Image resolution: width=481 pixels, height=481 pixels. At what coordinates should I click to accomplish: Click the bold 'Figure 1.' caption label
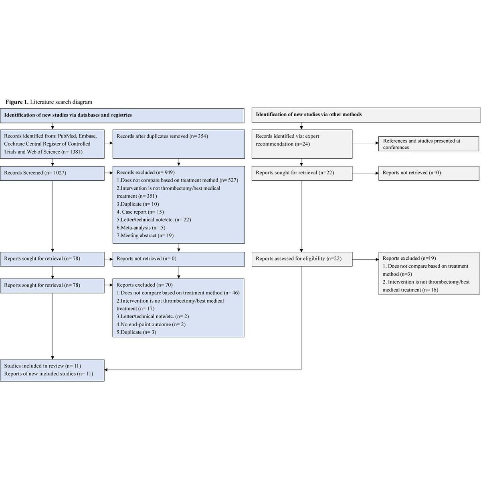click(x=17, y=102)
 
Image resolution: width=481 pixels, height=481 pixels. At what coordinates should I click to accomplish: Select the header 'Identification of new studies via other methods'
click(x=309, y=114)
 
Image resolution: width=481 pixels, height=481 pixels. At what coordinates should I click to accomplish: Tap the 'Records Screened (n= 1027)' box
click(x=52, y=173)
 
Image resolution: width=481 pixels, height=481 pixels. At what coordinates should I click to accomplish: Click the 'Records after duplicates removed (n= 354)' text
click(x=162, y=136)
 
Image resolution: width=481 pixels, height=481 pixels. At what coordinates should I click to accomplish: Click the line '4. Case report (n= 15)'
click(x=140, y=212)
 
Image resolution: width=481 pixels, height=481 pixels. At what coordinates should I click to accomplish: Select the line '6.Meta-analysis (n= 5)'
click(x=141, y=228)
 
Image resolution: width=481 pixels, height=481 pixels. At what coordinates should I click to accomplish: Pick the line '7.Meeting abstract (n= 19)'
click(x=145, y=235)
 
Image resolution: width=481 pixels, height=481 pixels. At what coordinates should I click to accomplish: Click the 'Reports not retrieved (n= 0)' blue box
click(x=179, y=259)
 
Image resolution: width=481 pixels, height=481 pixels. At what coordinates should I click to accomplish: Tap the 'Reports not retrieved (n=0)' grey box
click(x=429, y=173)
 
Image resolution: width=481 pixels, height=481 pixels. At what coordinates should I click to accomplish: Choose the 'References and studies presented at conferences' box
click(x=429, y=144)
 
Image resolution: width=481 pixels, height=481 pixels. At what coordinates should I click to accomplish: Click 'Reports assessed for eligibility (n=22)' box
click(x=302, y=259)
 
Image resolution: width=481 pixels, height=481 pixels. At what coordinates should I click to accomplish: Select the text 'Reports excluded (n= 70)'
click(x=145, y=285)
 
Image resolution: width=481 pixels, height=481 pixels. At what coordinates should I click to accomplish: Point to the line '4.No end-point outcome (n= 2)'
click(x=151, y=324)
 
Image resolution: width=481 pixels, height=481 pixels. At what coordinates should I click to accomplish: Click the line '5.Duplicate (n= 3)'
click(x=136, y=332)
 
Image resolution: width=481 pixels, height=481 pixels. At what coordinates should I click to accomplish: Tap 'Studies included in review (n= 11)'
click(x=42, y=366)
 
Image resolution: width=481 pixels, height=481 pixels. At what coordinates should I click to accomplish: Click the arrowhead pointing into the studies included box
click(x=106, y=370)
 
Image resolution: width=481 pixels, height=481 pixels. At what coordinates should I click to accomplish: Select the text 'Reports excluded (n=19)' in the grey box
click(x=409, y=258)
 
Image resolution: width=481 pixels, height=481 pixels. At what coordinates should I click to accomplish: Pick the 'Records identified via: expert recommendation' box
click(x=302, y=144)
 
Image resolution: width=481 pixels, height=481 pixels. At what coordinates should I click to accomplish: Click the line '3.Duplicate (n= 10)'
click(x=137, y=204)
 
